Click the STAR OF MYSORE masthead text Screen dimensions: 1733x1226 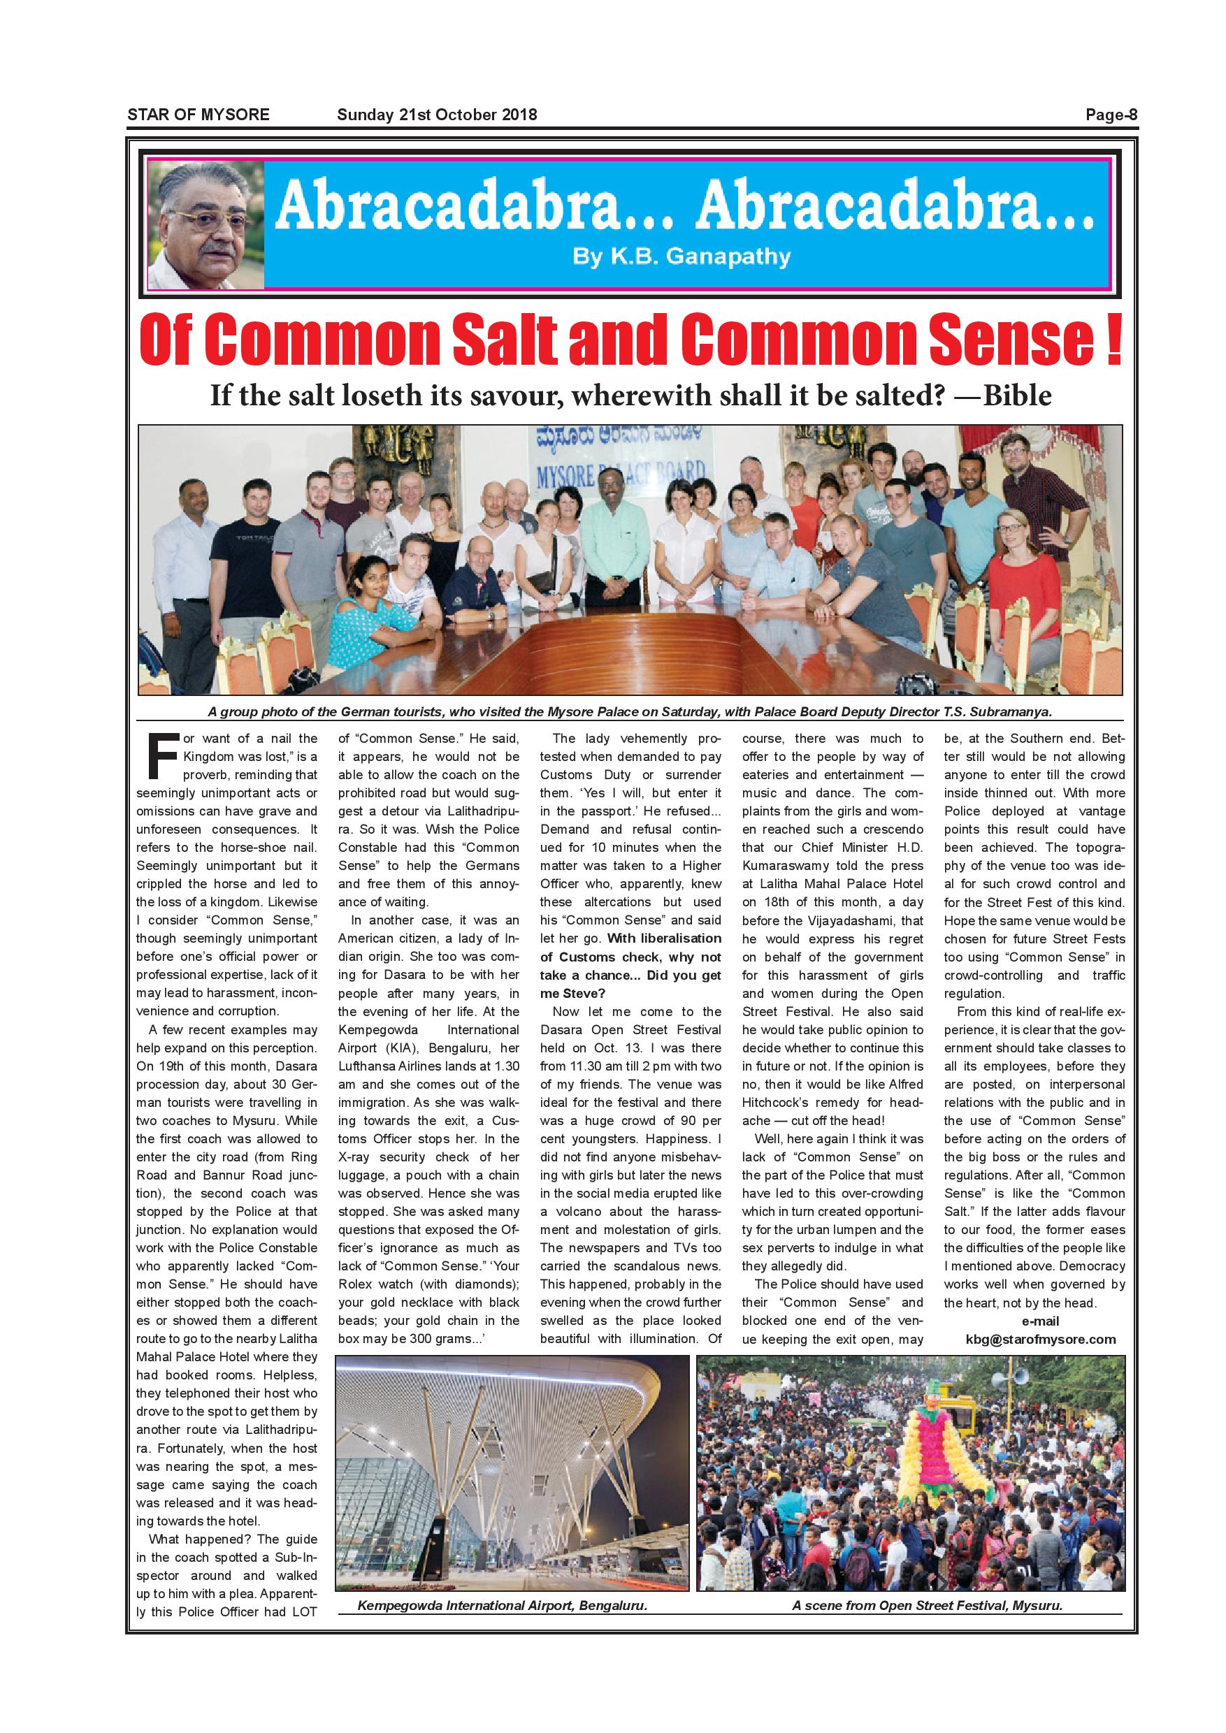point(198,115)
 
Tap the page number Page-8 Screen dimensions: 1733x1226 point(1111,115)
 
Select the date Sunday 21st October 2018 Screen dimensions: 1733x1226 point(436,115)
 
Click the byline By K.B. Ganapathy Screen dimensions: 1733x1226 point(681,257)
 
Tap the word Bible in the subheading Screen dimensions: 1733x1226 point(1016,395)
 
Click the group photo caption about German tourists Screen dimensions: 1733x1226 point(630,712)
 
